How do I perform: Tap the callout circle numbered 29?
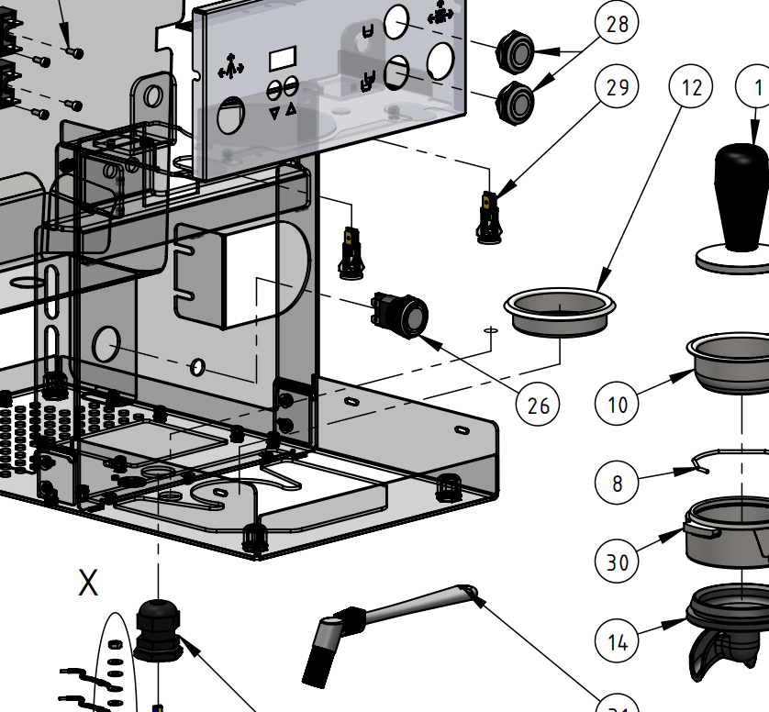pos(618,87)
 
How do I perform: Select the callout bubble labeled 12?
pos(691,87)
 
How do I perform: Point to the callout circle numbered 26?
pos(538,404)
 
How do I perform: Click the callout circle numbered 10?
pos(618,403)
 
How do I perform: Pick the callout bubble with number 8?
pos(618,483)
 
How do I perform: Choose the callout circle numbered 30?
pos(618,560)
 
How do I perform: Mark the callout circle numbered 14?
pos(618,640)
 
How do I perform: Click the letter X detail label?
pos(88,582)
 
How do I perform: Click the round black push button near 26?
pos(402,314)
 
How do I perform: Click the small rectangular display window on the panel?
pos(280,61)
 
